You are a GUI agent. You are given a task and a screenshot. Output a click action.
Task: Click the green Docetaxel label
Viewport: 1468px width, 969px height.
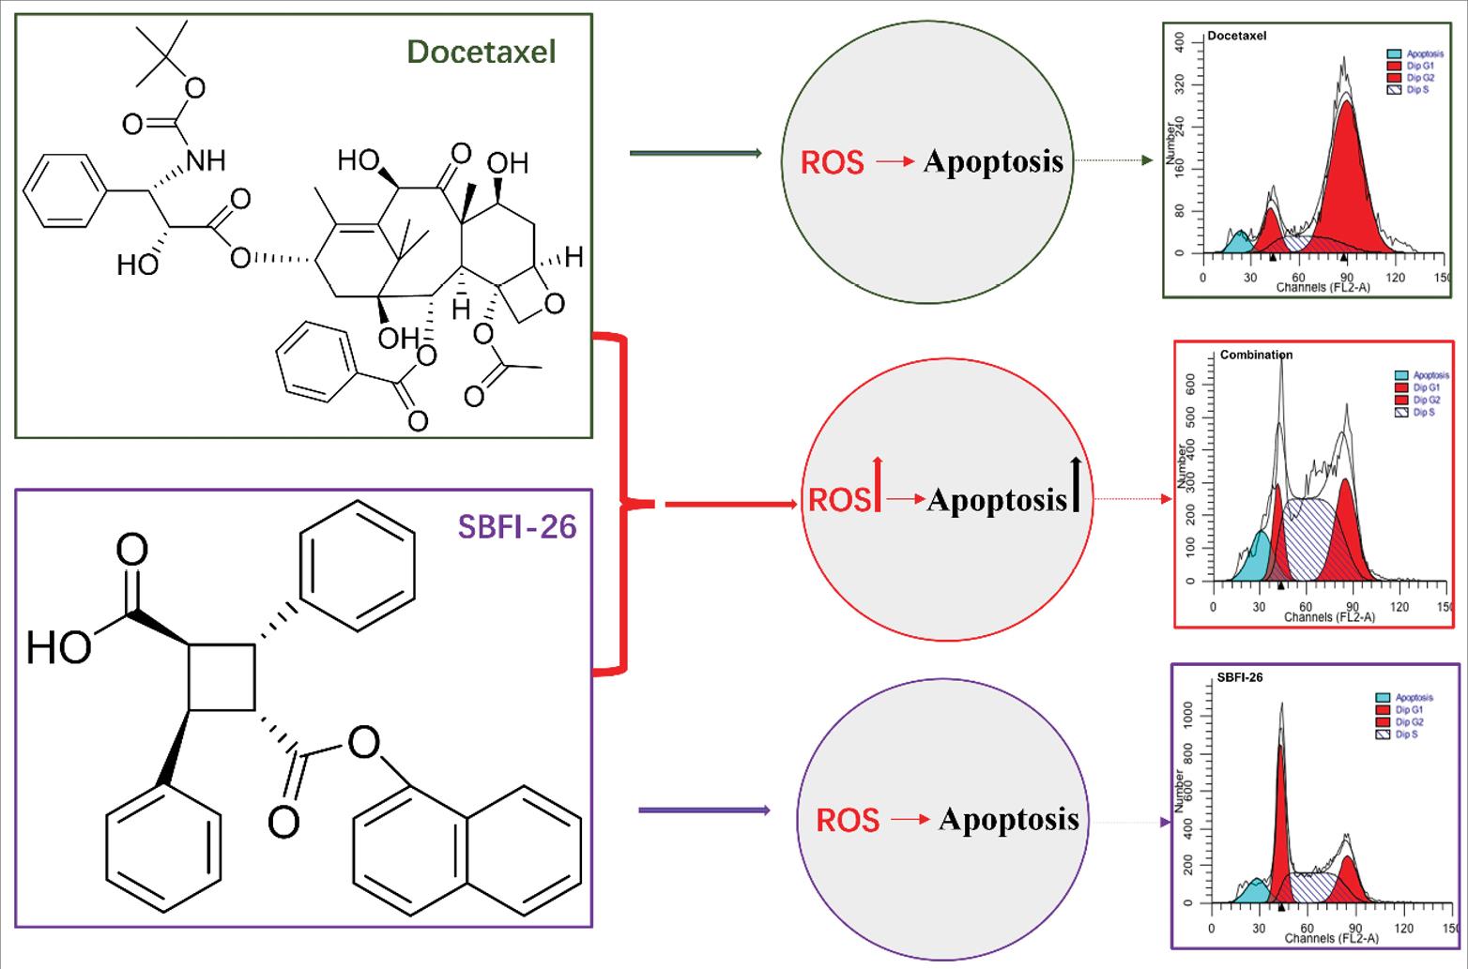[x=482, y=52]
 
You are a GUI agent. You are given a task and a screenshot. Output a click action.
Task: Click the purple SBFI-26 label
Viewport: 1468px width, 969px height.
[x=516, y=526]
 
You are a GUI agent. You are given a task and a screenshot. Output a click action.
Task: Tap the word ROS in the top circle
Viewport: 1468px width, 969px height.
[x=832, y=162]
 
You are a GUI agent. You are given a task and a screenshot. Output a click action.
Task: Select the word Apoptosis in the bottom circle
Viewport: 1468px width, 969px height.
[x=1009, y=819]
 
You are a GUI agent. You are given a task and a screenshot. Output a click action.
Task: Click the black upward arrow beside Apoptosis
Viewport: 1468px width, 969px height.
[x=1076, y=484]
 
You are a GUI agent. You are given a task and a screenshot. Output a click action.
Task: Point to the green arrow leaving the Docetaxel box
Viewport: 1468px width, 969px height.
[x=695, y=153]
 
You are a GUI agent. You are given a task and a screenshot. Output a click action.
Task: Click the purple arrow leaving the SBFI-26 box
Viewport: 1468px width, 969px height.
[x=704, y=810]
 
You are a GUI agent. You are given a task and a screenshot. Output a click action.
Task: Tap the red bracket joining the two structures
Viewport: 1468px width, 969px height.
[x=621, y=504]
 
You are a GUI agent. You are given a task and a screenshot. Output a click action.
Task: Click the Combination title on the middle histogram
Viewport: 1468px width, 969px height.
[x=1256, y=355]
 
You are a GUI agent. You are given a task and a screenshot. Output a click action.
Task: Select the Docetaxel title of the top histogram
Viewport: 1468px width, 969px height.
[x=1236, y=36]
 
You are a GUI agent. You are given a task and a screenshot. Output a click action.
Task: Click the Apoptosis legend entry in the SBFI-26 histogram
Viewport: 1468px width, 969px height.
[x=1414, y=697]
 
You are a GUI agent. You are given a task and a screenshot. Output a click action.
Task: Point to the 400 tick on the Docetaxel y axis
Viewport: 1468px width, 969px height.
[x=1180, y=41]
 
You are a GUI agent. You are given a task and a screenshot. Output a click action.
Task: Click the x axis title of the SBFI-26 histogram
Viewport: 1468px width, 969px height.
[x=1331, y=938]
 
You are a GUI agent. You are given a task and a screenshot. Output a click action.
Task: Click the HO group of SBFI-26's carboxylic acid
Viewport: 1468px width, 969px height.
[x=58, y=647]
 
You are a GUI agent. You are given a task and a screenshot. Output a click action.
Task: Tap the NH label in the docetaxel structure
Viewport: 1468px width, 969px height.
[x=206, y=160]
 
